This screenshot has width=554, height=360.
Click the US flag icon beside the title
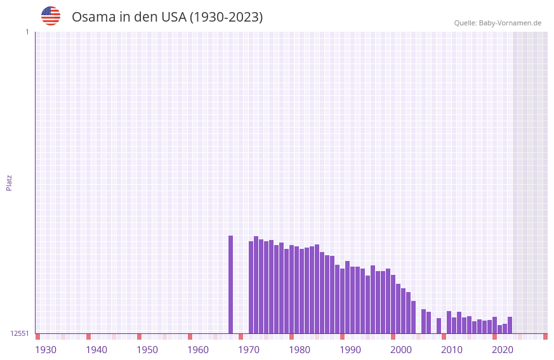point(51,16)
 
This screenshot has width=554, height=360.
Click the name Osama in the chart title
point(92,17)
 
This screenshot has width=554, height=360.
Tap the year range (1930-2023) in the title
point(226,17)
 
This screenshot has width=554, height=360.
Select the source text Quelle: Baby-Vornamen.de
point(498,23)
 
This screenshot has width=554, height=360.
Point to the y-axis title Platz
point(9,182)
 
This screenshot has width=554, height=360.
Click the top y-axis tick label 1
point(27,32)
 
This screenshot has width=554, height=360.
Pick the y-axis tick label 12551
point(20,333)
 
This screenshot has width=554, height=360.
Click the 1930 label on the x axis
point(46,350)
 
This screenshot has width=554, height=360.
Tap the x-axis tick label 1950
point(147,350)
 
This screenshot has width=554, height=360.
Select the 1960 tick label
point(198,350)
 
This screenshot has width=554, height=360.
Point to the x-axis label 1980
point(300,350)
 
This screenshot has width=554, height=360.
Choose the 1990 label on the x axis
point(350,350)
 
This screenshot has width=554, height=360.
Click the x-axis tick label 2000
point(401,350)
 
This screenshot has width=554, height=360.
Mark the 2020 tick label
point(503,350)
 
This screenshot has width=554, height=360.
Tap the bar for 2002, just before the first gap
point(413,317)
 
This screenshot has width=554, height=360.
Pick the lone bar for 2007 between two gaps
point(439,326)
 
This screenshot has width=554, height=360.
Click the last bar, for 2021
point(510,325)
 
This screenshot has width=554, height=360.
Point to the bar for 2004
point(423,321)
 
